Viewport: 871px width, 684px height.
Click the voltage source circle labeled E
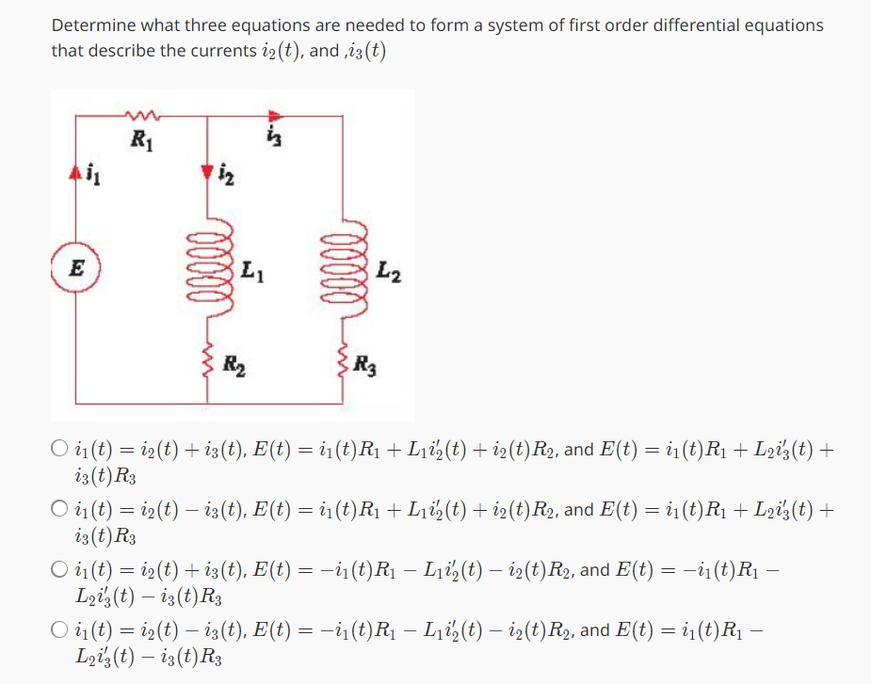pyautogui.click(x=75, y=265)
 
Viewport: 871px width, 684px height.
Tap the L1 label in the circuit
pyautogui.click(x=250, y=274)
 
